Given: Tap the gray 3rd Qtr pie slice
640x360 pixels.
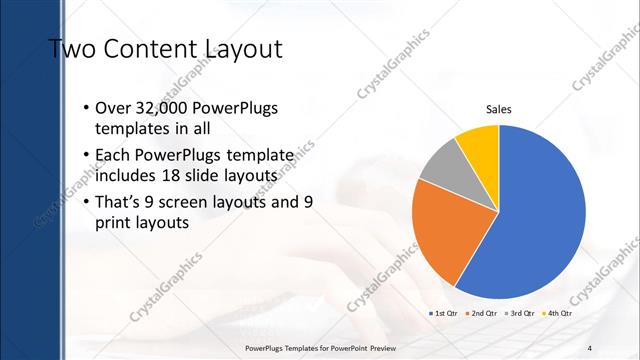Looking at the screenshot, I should [441, 164].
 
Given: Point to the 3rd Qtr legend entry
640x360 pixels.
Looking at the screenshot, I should [520, 313].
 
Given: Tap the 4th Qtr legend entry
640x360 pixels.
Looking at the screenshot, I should [558, 313].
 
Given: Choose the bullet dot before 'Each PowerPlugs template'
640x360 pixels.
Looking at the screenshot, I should [87, 157].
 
